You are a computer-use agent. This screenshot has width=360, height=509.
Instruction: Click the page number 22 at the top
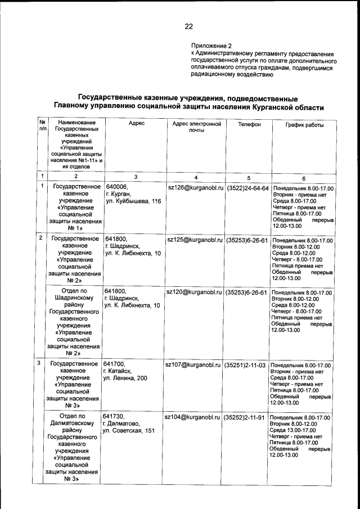pyautogui.click(x=188, y=26)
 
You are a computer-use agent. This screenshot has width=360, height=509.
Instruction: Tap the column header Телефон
pyautogui.click(x=248, y=123)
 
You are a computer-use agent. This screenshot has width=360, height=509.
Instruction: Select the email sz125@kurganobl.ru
pyautogui.click(x=193, y=240)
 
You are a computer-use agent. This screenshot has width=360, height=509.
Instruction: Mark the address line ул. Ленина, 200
pyautogui.click(x=125, y=379)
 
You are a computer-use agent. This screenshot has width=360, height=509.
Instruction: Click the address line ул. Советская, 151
pyautogui.click(x=128, y=431)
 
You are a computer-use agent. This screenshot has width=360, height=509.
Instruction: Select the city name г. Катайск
pyautogui.click(x=116, y=371)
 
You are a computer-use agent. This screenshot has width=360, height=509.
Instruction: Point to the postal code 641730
pyautogui.click(x=114, y=417)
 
